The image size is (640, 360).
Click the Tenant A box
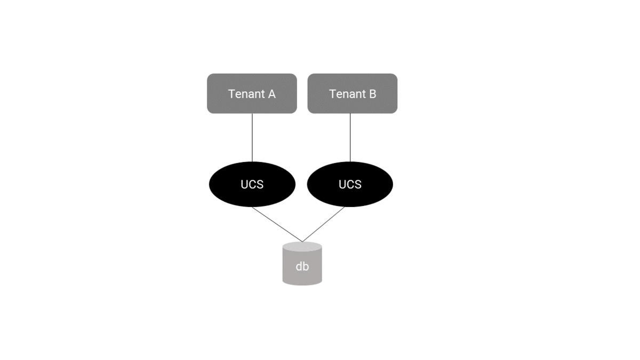[x=252, y=93]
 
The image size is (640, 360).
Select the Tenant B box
[x=353, y=93]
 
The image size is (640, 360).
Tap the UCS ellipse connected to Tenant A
[x=252, y=185]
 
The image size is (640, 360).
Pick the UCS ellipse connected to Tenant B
[x=350, y=185]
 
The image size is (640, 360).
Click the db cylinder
[x=302, y=263]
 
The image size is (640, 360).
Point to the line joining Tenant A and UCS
[x=252, y=138]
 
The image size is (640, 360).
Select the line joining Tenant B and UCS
[x=350, y=138]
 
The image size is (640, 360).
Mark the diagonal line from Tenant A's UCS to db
[x=277, y=225]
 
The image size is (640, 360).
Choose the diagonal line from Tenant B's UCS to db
[x=323, y=225]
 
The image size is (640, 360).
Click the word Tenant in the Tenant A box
[x=246, y=94]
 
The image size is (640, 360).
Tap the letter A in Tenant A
[x=271, y=94]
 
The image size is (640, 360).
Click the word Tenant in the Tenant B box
[x=347, y=94]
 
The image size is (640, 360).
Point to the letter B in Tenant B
[x=373, y=94]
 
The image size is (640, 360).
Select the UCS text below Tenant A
[x=252, y=185]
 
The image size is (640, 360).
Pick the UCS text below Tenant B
[x=350, y=185]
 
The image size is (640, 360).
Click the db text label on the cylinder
[x=302, y=267]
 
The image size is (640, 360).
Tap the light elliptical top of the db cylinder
[x=302, y=246]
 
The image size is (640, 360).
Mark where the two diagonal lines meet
[x=302, y=242]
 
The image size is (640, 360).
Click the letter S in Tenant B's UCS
[x=358, y=185]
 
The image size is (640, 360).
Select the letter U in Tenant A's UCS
[x=244, y=185]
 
